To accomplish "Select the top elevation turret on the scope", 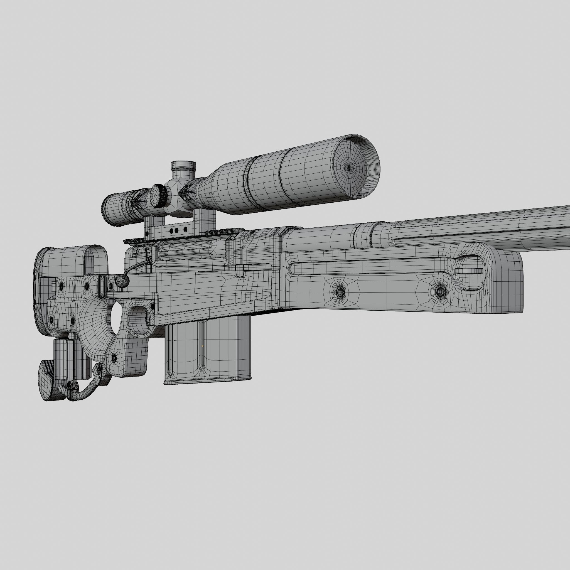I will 183,167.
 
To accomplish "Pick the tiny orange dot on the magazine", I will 202,346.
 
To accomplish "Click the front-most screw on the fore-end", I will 439,291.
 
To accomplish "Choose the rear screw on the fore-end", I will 340,292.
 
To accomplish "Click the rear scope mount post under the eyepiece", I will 154,226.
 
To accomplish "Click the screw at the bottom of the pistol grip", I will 114,358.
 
